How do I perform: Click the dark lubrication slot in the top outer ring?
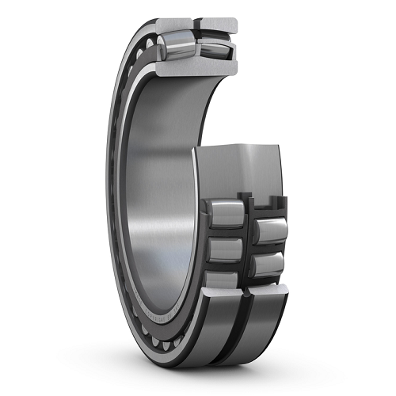(195, 24)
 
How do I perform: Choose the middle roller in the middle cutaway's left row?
(224, 249)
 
